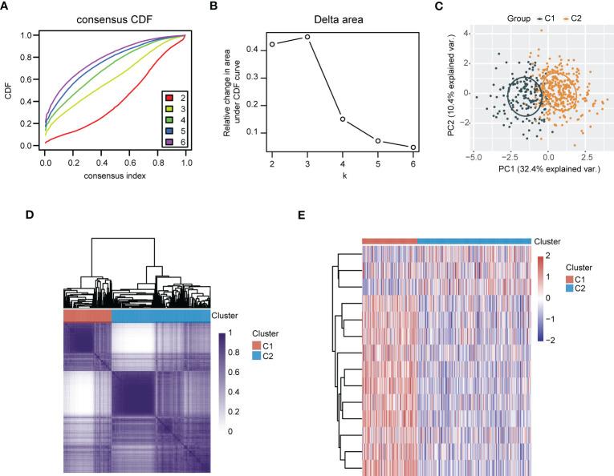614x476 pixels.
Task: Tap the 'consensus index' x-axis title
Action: (113, 175)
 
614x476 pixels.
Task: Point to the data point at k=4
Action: (342, 119)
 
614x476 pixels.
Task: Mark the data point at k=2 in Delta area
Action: (272, 44)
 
